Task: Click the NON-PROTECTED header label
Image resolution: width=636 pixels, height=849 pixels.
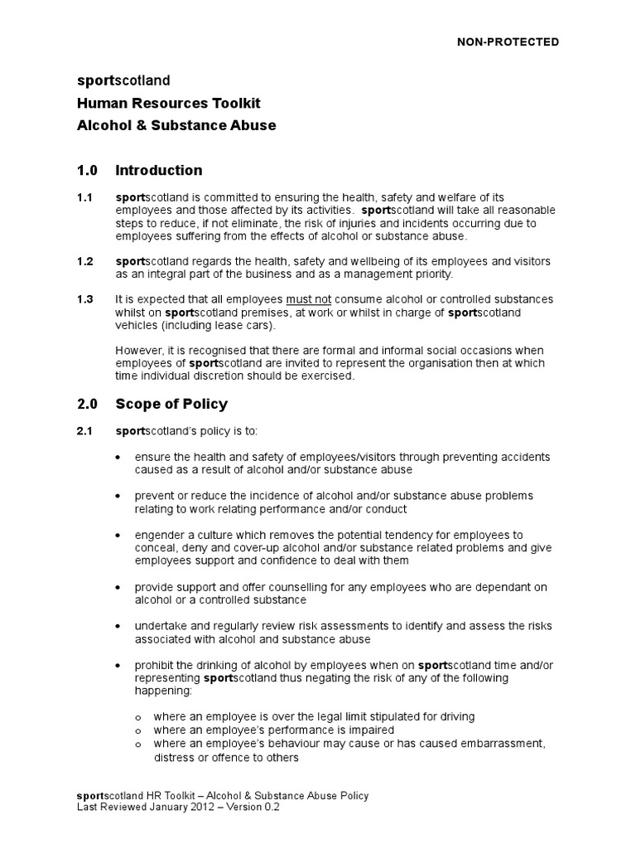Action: coord(508,41)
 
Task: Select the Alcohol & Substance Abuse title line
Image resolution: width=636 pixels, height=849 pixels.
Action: coord(176,125)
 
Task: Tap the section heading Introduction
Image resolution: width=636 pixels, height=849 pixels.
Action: coord(158,171)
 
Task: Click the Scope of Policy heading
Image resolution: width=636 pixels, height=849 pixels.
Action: coord(171,405)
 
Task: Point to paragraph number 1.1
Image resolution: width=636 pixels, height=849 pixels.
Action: coord(84,198)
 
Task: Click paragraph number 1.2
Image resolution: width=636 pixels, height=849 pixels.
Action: coord(84,262)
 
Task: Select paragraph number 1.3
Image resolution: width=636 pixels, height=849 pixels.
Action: coord(84,299)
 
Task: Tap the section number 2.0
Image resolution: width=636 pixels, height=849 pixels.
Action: coord(87,405)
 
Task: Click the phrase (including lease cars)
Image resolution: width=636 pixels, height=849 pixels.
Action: coord(210,326)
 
